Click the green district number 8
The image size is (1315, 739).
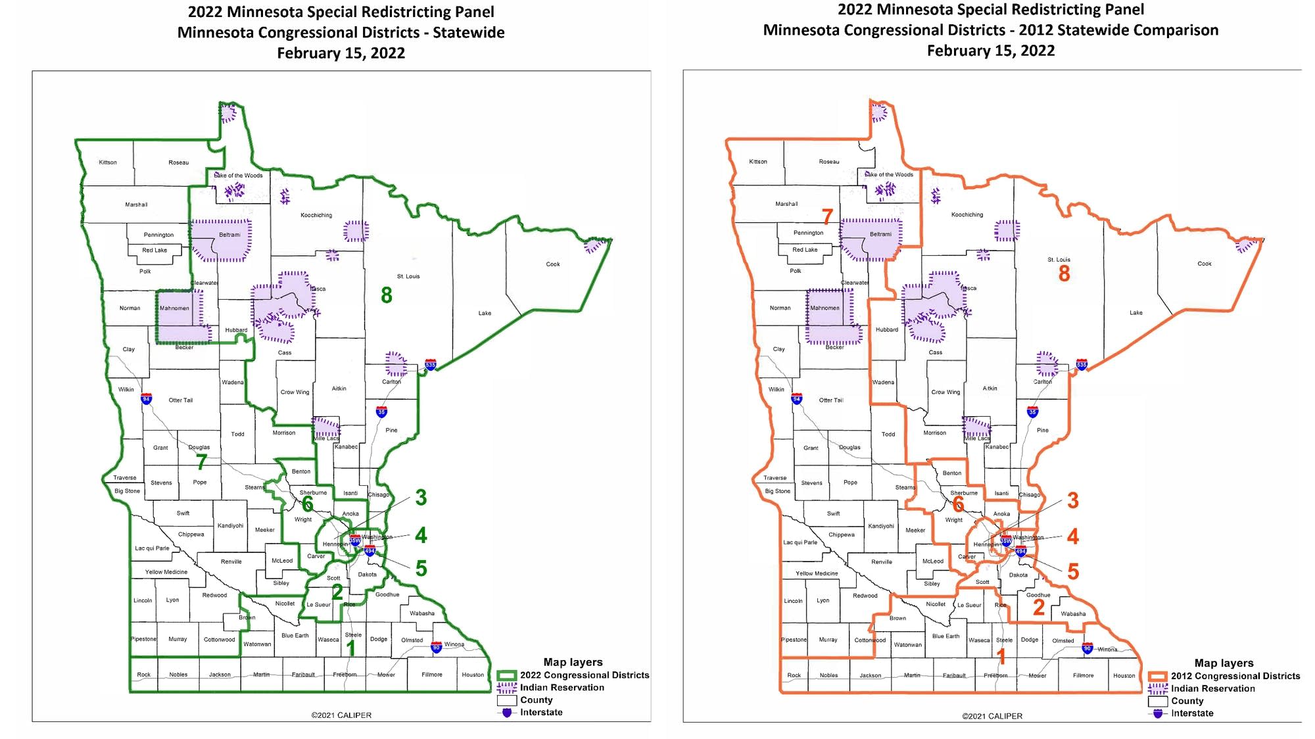387,295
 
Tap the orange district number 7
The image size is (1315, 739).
827,216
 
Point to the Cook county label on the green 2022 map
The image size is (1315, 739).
553,264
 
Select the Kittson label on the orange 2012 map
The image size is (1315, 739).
758,162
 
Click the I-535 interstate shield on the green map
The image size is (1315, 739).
431,365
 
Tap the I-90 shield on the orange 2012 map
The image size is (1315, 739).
1088,648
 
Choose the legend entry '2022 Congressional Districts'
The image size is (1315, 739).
584,675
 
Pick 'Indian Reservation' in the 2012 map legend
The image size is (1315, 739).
1212,688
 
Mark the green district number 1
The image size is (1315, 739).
351,648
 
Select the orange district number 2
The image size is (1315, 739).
1039,607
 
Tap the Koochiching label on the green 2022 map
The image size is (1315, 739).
316,215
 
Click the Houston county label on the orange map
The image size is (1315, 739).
1124,676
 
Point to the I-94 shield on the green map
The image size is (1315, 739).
147,399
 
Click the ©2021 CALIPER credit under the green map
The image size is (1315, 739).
341,715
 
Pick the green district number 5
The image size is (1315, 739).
421,569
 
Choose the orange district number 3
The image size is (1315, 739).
1073,500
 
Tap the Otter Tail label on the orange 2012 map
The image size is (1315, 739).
831,400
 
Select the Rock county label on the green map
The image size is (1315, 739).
143,675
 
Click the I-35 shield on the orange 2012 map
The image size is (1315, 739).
1032,412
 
